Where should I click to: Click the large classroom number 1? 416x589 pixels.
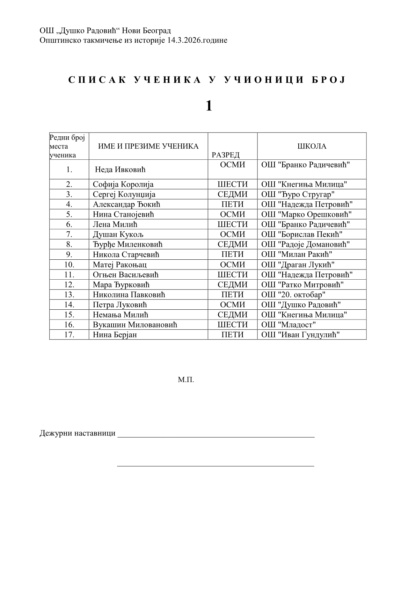click(209, 106)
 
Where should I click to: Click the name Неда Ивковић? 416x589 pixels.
click(120, 170)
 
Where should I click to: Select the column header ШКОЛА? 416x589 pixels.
click(312, 146)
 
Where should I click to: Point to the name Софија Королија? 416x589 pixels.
click(123, 185)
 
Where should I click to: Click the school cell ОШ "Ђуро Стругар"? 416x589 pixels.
click(298, 194)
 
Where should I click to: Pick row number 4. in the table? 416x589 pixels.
click(69, 204)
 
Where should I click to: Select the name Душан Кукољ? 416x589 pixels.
click(118, 235)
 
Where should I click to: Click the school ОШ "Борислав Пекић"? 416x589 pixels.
click(302, 235)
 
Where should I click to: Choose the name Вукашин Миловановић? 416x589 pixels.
click(135, 325)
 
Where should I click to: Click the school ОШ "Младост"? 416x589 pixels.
click(289, 325)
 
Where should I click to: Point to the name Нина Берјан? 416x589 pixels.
click(115, 335)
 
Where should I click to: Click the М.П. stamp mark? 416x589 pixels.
click(186, 380)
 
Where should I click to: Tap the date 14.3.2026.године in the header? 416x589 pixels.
click(197, 40)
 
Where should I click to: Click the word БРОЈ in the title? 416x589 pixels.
click(328, 80)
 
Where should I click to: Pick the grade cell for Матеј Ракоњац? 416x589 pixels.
click(233, 265)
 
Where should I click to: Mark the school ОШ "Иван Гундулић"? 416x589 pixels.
click(300, 335)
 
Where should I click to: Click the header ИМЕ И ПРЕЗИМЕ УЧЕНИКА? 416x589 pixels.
click(148, 146)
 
